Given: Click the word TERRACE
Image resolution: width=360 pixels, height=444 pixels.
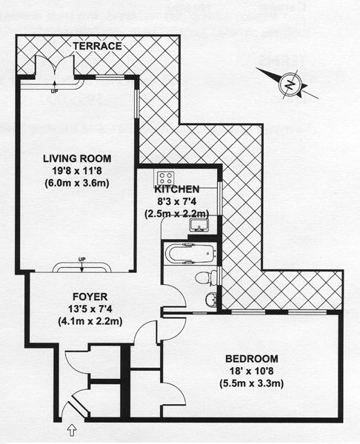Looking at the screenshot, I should [x=96, y=46].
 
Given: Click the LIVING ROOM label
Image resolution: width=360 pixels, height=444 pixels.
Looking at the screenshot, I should [x=76, y=158].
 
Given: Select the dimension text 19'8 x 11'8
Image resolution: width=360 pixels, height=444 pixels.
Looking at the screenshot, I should [x=76, y=170].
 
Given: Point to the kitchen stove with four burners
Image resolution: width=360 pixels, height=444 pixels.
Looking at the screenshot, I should [x=164, y=179].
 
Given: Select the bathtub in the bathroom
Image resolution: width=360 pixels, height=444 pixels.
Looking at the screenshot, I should [x=190, y=254].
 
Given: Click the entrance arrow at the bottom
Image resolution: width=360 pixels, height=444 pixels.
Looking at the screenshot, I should [x=72, y=428].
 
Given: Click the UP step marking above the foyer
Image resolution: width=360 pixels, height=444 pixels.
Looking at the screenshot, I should [x=81, y=258].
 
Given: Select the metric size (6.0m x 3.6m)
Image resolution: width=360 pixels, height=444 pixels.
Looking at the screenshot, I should [x=76, y=183].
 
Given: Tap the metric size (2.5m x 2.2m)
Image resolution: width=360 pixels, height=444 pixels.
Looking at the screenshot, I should [x=176, y=214].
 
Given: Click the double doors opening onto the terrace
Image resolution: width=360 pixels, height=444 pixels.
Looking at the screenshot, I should [x=53, y=74].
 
